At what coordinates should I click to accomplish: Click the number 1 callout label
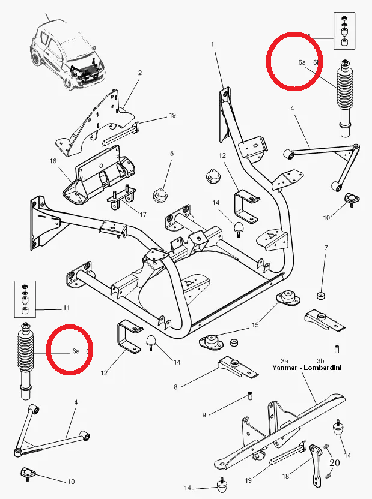tap(213, 44)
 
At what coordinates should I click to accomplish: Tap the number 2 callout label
tap(139, 73)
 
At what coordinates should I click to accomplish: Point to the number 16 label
tap(53, 161)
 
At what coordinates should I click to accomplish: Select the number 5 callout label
tap(171, 154)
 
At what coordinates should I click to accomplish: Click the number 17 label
tap(142, 214)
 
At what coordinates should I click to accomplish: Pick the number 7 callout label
tap(326, 248)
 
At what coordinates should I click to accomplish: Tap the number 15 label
tap(255, 325)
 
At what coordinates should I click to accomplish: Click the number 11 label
tap(66, 308)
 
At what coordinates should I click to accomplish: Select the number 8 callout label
tap(175, 387)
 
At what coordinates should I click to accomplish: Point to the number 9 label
tap(204, 414)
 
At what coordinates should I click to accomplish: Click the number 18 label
tap(285, 476)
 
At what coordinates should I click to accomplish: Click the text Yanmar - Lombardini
tap(306, 368)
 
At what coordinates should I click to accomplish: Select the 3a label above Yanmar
tap(285, 360)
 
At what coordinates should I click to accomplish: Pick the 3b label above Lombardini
tap(328, 360)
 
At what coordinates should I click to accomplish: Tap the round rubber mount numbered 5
tap(159, 195)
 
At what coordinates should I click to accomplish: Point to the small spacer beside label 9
tap(248, 396)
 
